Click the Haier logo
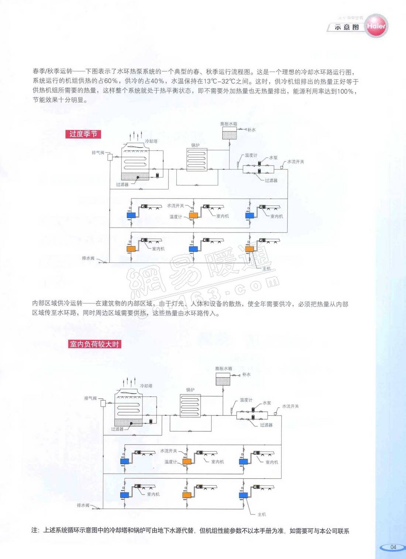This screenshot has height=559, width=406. tap(376, 26)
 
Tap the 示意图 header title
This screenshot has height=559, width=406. tap(347, 27)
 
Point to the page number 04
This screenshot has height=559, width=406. tap(393, 547)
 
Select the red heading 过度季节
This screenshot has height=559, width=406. tap(83, 134)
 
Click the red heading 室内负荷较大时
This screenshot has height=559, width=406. tap(95, 344)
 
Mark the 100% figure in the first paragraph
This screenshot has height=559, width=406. tap(345, 91)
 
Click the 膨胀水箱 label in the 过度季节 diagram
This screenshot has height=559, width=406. tap(229, 124)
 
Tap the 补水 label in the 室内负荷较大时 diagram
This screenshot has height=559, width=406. tap(246, 375)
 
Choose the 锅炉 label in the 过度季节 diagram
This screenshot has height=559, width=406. tap(195, 145)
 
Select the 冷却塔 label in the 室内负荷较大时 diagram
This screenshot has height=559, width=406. tap(146, 386)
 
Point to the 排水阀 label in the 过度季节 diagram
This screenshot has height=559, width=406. tap(88, 258)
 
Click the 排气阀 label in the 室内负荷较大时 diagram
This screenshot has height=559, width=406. tap(90, 398)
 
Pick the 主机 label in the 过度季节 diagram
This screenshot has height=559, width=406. tap(266, 269)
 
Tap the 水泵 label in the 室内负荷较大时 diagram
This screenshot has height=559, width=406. tap(266, 403)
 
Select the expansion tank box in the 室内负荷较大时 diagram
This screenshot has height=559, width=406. tap(223, 380)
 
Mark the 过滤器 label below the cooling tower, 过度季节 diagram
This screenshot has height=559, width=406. tap(122, 184)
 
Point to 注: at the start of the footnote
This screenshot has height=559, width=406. tap(35, 531)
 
